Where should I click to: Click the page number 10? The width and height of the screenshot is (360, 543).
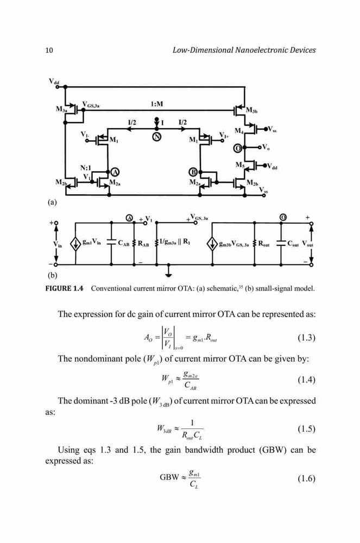49,50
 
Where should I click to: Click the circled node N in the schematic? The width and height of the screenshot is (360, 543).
157,137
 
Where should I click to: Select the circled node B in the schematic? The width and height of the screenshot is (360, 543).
194,172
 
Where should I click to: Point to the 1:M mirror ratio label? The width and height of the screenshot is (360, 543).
157,104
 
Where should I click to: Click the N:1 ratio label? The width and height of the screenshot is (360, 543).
86,168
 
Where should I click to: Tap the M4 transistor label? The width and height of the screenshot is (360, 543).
239,131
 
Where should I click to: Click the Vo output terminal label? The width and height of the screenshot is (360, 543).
266,147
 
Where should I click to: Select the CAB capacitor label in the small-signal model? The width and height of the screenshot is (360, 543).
124,243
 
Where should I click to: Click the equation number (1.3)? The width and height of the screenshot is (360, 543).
306,338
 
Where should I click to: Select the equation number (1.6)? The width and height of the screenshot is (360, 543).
306,478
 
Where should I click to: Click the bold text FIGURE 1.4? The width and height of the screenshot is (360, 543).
65,288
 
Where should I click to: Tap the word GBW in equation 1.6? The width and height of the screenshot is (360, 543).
169,477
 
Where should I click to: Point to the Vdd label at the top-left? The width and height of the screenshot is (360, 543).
54,82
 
